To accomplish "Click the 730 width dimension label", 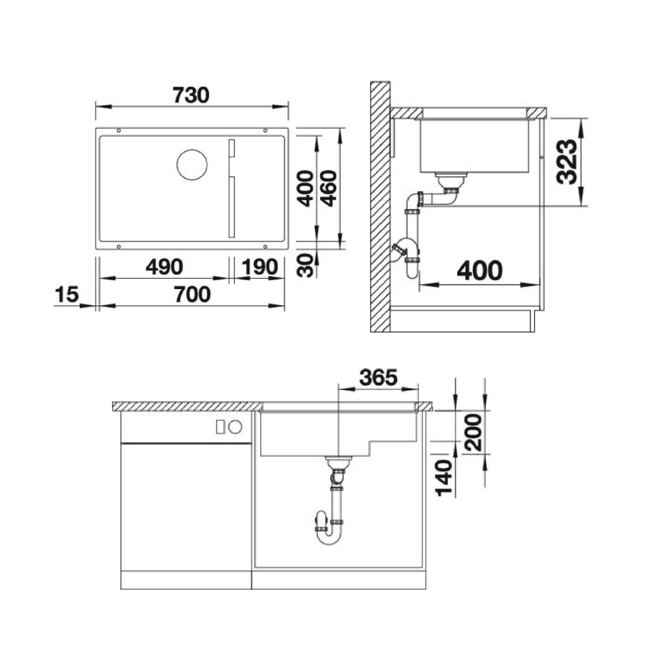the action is pos(191,95).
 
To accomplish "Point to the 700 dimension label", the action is pos(192,294).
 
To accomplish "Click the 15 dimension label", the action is pos(67,294).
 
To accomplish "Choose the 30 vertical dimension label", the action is pos(305,266).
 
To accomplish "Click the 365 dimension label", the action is pos(378,377).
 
